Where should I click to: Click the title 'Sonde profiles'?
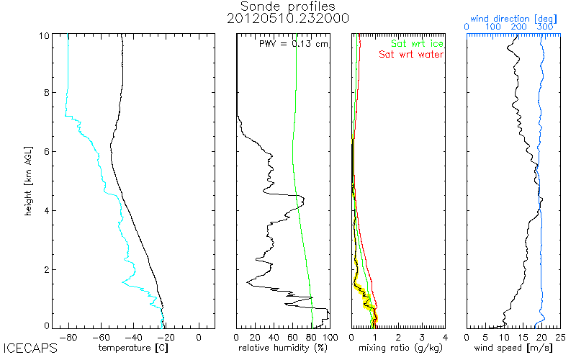[x=287, y=6]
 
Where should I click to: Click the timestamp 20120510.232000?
[x=287, y=19]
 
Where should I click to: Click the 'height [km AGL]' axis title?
[x=30, y=179]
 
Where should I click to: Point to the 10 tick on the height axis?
[x=45, y=36]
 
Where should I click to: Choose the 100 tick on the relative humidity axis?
[x=328, y=336]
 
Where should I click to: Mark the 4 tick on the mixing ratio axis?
[x=445, y=336]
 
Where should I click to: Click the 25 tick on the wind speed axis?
[x=560, y=336]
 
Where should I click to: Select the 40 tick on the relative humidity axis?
[x=274, y=336]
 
